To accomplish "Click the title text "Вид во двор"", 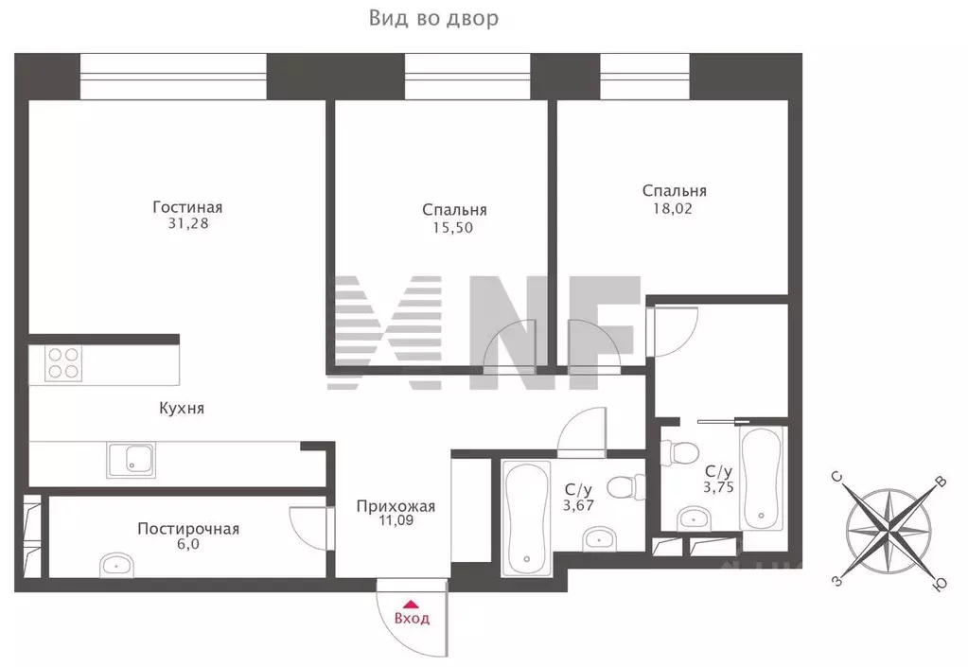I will point(432,19).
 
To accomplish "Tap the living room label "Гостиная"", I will point(186,207).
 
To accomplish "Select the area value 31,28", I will point(186,224).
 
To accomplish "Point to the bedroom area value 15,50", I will point(454,227).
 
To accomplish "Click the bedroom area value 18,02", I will point(674,208).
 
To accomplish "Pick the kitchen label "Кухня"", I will point(182,409).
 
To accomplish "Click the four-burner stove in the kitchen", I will point(63,362).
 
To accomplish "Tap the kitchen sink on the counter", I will point(132,460).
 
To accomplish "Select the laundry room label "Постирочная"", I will point(187,529).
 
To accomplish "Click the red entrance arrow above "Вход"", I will point(410,604).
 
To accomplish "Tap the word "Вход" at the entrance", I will point(412,620).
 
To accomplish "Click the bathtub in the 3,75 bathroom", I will point(763,478).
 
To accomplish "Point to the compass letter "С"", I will point(837,478).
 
